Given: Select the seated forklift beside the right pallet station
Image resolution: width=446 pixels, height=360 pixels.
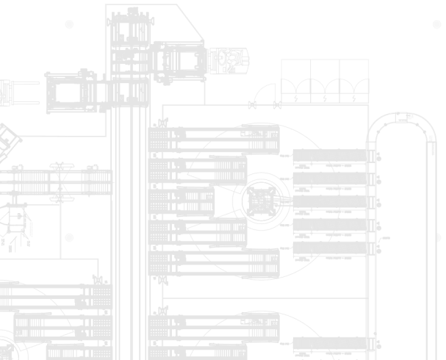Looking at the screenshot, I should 229,59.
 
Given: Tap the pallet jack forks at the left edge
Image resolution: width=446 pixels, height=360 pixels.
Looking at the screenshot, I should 18,91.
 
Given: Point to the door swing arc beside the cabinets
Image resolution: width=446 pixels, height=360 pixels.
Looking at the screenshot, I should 259,94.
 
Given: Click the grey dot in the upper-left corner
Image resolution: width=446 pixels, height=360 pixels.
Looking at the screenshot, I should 69,24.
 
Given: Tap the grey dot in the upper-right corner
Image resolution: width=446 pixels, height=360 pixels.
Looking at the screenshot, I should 436,24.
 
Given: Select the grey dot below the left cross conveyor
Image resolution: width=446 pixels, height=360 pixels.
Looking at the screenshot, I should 69,238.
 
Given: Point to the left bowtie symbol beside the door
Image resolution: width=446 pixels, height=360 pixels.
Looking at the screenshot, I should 253,105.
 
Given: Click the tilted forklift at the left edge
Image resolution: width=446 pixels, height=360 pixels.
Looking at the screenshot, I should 7,137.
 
